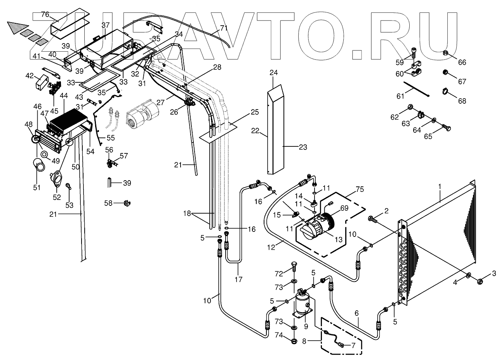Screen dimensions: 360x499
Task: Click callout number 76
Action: click(x=45, y=15)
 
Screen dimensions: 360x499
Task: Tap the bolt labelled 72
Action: click(x=294, y=267)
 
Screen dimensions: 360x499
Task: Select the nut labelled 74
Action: click(x=294, y=341)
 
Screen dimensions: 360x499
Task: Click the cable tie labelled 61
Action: click(x=416, y=89)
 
